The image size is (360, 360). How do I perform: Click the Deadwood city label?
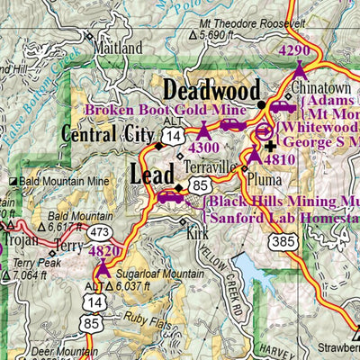click(x=211, y=92)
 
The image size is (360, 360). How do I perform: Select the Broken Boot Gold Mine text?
click(x=161, y=111)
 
